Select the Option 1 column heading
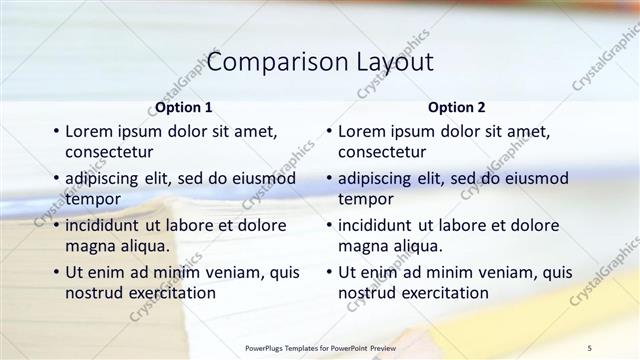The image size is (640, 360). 184,107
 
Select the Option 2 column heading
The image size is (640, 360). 457,107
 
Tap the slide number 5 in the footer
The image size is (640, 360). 590,347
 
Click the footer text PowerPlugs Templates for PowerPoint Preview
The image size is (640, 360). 320,347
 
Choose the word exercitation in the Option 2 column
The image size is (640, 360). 439,293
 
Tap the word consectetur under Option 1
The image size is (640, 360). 109,152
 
